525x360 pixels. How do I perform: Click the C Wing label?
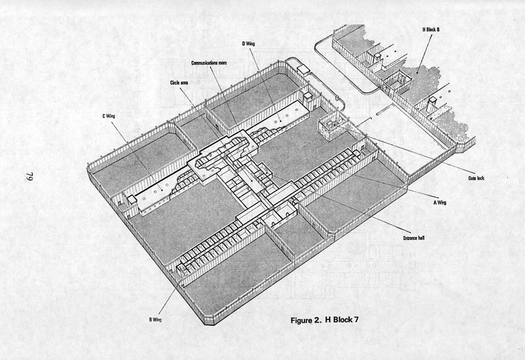(108, 116)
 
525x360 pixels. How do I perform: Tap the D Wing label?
(248, 43)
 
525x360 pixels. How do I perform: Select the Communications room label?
(209, 63)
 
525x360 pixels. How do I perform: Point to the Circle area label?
(178, 83)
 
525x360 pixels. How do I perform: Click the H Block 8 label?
(431, 30)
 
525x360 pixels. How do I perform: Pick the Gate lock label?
(476, 178)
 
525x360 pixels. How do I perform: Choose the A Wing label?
(440, 203)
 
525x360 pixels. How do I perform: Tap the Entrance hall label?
(414, 238)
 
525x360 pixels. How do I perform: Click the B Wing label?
(155, 319)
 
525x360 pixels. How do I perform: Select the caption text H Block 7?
(342, 320)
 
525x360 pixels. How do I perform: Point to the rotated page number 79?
(29, 177)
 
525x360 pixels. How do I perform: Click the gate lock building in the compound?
(331, 127)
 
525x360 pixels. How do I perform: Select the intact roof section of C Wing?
(155, 193)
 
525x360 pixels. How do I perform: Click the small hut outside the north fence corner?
(304, 70)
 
